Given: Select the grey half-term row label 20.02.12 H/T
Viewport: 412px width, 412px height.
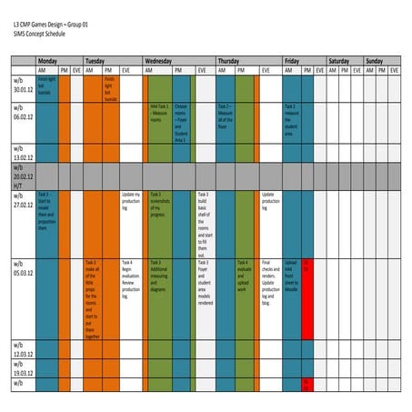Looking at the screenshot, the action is coord(23,176).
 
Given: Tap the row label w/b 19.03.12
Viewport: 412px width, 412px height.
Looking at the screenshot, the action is coord(23,369).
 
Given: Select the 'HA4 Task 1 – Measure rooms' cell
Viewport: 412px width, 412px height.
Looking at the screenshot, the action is coord(158,113).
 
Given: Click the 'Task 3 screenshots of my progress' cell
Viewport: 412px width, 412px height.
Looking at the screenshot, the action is coord(158,204).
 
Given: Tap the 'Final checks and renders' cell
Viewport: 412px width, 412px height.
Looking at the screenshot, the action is coord(269,276).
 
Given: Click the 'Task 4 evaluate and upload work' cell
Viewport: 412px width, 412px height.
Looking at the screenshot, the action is coord(243,273).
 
